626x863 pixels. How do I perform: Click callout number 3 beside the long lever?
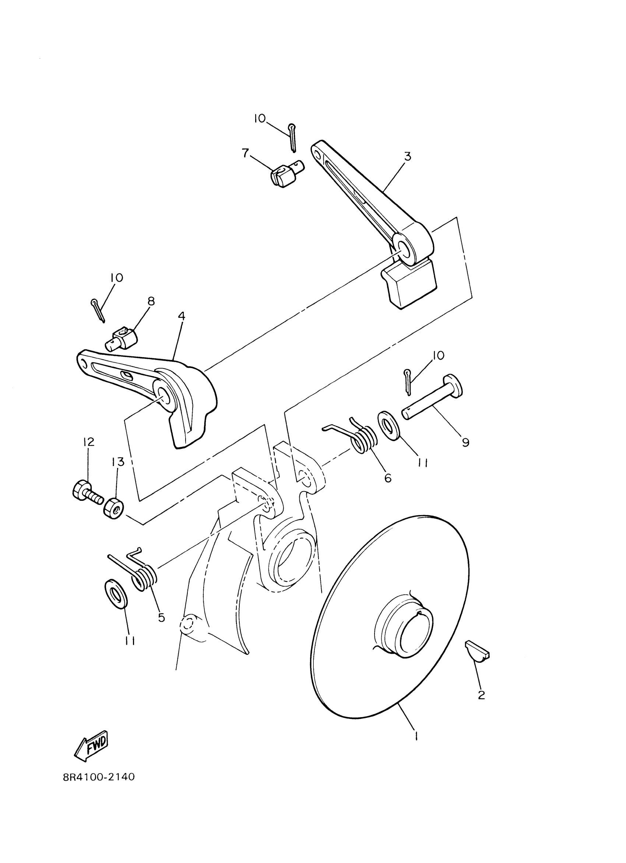(407, 156)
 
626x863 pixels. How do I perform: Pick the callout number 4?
(182, 315)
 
